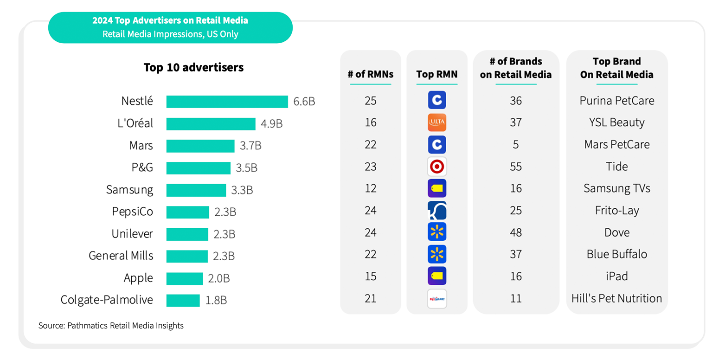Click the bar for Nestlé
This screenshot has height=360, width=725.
point(227,102)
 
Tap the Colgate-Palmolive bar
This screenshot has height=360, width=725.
point(183,300)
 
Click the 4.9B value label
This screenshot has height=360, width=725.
point(272,124)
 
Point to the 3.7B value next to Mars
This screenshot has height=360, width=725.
point(250,146)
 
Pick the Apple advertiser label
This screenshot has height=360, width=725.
point(138,278)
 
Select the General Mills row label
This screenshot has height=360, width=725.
point(121,256)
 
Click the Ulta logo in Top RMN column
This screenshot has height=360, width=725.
point(437,122)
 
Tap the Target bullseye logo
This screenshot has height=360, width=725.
point(437,167)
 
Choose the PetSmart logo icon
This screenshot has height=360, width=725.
point(437,299)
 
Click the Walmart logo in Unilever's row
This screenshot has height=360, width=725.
point(437,232)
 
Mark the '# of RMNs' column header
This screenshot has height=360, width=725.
point(371,74)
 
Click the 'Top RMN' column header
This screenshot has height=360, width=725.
point(437,74)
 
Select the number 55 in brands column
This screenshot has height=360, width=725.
point(516,167)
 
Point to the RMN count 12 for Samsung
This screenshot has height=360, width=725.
point(371,188)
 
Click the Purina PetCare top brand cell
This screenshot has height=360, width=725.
point(617,101)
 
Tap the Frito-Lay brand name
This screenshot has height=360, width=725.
point(617,211)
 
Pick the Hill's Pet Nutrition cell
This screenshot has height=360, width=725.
point(617,298)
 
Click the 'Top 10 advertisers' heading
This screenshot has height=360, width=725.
point(193,67)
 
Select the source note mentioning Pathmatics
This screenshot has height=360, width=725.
point(111,326)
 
